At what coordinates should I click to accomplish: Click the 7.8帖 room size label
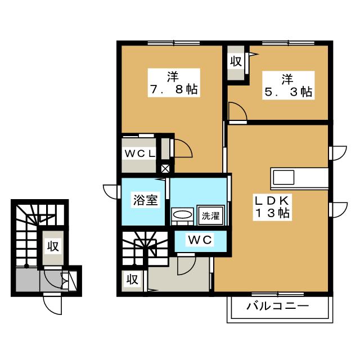[x=173, y=89]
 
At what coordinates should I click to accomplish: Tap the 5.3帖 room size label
[x=289, y=92]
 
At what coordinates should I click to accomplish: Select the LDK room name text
[x=271, y=200]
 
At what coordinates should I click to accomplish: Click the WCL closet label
[x=139, y=153]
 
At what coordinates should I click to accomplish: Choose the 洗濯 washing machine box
[x=211, y=215]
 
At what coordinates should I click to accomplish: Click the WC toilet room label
[x=200, y=240]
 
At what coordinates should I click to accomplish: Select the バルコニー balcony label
[x=277, y=307]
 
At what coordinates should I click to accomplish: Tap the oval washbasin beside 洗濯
[x=182, y=215]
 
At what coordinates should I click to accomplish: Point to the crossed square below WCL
[x=165, y=168]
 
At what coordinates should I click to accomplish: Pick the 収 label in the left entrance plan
[x=53, y=246]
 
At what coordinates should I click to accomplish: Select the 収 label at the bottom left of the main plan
[x=132, y=280]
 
